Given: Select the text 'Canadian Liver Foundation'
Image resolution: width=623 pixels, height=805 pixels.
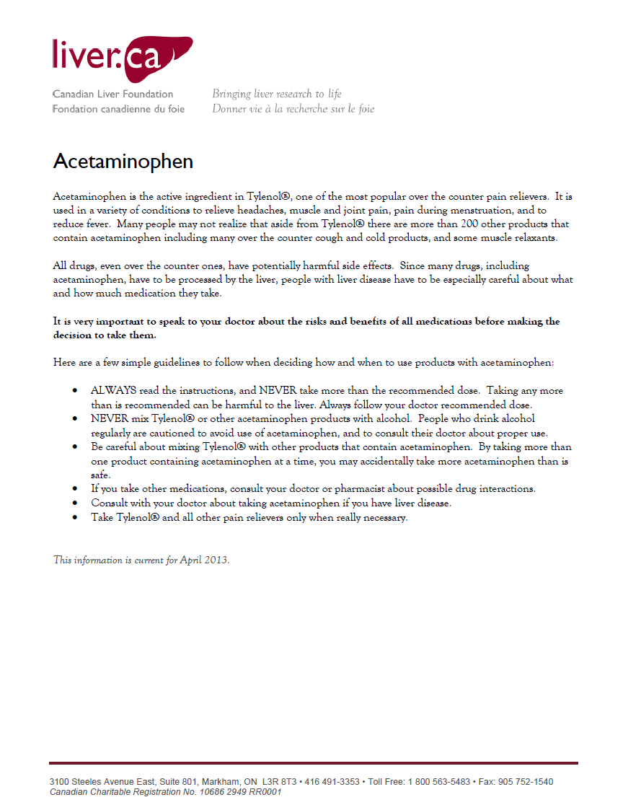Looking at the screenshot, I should coord(112,94).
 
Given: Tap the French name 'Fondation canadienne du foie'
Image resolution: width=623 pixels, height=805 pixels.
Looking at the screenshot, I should coord(118,109).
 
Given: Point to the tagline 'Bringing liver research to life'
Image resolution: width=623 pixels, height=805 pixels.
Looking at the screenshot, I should coord(276,94).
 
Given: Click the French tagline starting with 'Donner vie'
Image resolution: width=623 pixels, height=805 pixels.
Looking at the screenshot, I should coord(293,109).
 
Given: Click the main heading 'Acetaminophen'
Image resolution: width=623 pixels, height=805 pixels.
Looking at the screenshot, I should coord(123,161).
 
